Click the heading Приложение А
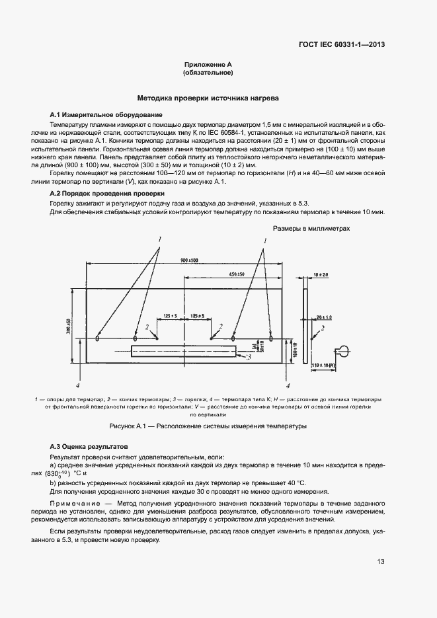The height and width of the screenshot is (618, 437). click(208, 65)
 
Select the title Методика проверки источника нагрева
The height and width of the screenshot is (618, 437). click(208, 98)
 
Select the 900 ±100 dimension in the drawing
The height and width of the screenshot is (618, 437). click(188, 262)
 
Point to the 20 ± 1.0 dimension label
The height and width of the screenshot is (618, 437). click(323, 317)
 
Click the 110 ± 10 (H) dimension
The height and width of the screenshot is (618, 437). click(322, 366)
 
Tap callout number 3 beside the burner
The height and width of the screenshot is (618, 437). click(248, 358)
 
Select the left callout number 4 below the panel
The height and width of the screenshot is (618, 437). click(77, 384)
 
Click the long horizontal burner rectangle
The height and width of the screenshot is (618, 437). click(183, 351)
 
